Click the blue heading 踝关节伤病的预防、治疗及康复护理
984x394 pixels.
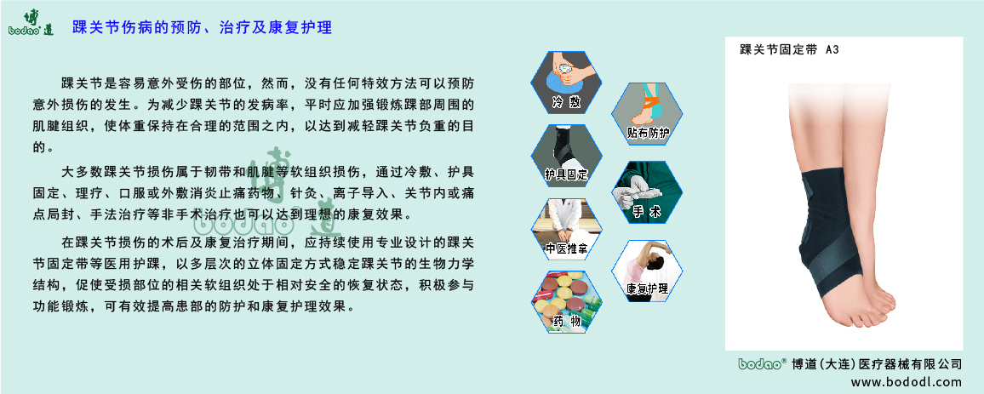[202, 28]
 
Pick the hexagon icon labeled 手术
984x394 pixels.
[648, 192]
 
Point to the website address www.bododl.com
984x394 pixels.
[905, 382]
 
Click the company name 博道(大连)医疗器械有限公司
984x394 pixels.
[876, 363]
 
